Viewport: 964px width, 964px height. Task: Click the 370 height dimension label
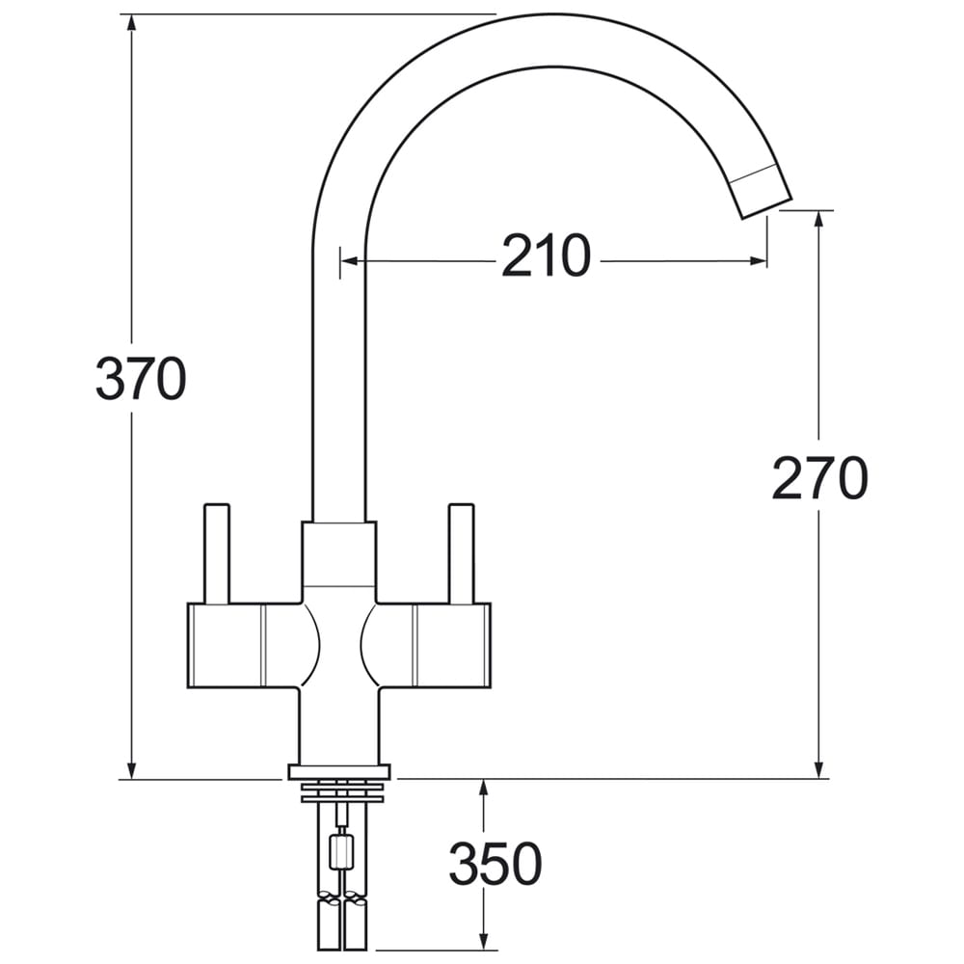point(141,378)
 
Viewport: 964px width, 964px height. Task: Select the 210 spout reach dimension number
point(547,255)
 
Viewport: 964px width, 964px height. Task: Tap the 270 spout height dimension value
point(819,478)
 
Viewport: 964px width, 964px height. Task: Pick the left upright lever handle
point(216,554)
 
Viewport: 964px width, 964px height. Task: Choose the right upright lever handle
point(462,554)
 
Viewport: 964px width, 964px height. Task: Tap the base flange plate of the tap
point(339,771)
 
